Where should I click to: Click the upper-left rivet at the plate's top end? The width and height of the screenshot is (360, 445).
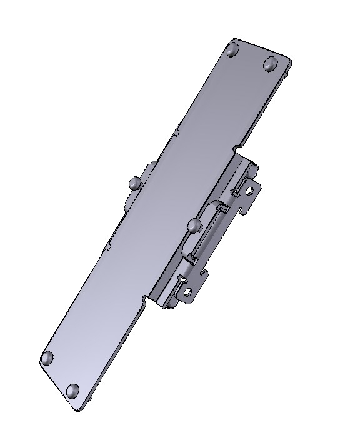[x=233, y=49]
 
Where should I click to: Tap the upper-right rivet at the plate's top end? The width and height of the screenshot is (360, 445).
[x=270, y=63]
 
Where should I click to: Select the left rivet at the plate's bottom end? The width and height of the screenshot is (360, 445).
[x=47, y=359]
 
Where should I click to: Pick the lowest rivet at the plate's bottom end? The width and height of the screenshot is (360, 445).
[x=73, y=391]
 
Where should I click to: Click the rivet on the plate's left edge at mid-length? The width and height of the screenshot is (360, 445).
[x=133, y=183]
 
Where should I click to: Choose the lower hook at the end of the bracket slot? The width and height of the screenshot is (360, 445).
[x=189, y=256]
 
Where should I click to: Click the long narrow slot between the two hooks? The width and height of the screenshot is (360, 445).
[x=206, y=231]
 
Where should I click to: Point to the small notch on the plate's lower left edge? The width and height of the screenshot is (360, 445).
[x=107, y=246]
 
